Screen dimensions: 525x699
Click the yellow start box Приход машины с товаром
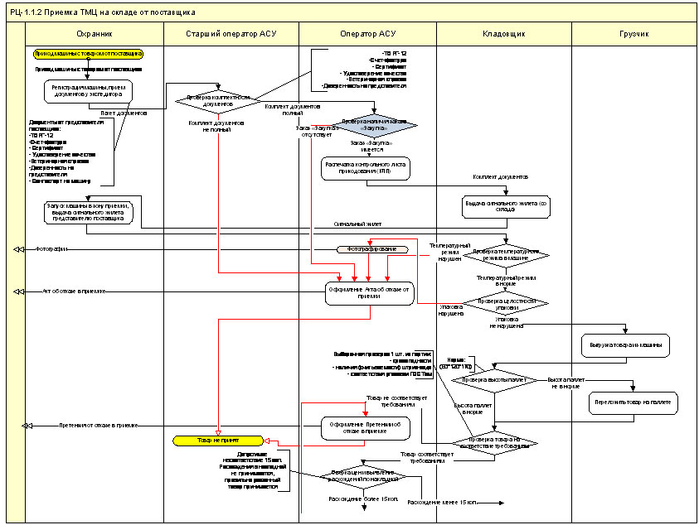coord(88,54)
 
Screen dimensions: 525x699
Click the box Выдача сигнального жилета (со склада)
coord(505,206)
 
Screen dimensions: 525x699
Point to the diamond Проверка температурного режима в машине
coord(505,253)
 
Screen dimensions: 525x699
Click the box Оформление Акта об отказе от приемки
coord(369,293)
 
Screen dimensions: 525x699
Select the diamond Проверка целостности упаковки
coord(505,303)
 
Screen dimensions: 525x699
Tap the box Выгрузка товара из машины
coord(634,343)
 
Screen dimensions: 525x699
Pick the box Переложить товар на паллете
coord(634,402)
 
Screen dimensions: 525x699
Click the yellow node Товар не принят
coord(218,441)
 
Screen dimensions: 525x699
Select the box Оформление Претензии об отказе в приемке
coord(365,428)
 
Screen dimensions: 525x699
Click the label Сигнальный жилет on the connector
coord(358,224)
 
